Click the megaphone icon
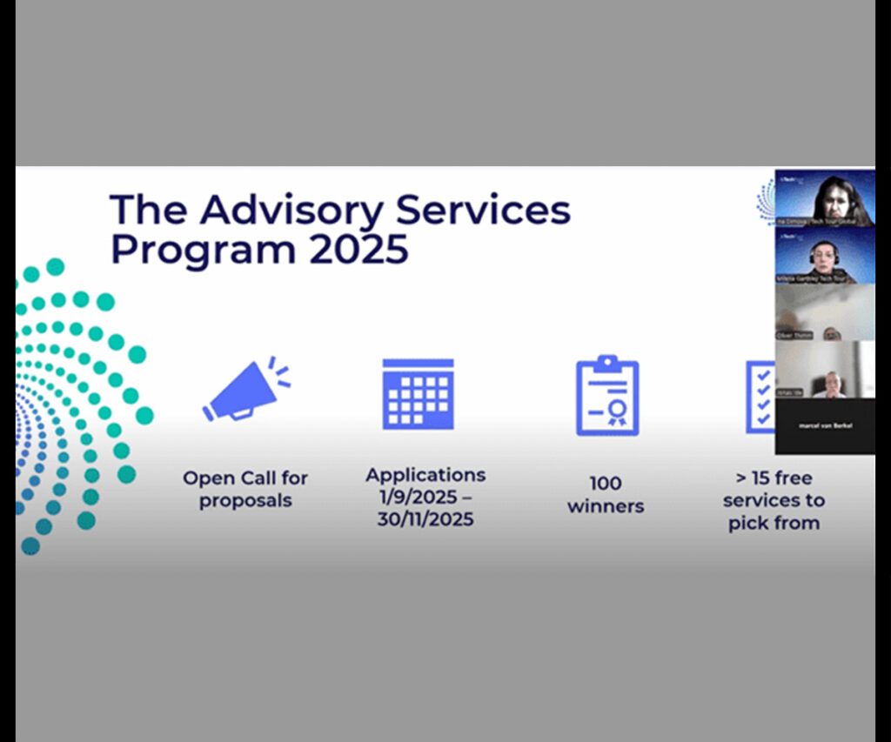[x=245, y=391]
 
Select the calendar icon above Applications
[x=418, y=393]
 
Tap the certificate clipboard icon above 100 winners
[x=607, y=396]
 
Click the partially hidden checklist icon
[x=760, y=397]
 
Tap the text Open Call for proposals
[x=245, y=489]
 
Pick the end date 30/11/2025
[x=425, y=519]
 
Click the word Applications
[x=425, y=475]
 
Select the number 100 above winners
[x=606, y=484]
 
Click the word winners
[x=606, y=506]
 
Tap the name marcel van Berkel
[x=825, y=425]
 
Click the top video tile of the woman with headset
[x=825, y=197]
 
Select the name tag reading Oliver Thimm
[x=794, y=335]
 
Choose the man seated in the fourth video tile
[x=828, y=383]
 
